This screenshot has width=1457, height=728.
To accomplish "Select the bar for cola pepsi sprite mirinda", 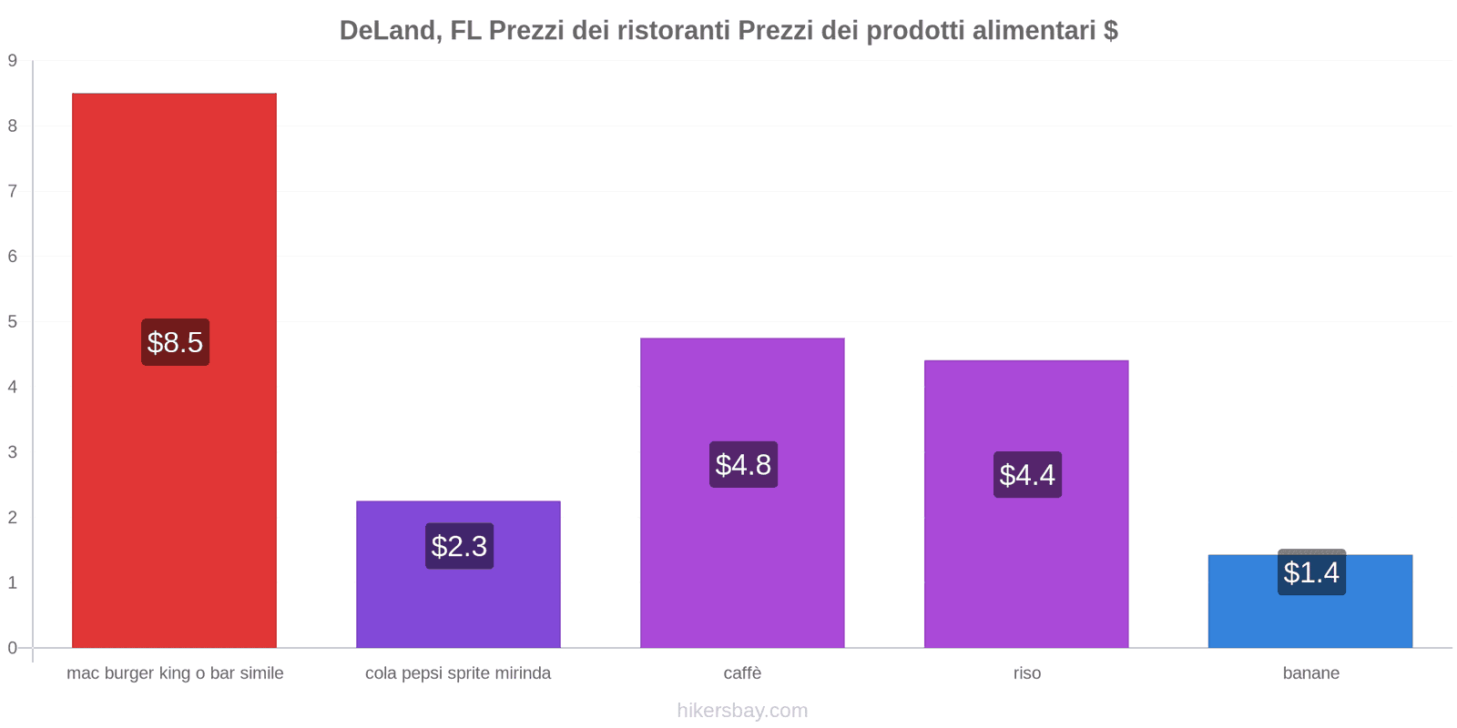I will coord(458,601).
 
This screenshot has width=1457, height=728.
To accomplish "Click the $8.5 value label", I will coord(175,342).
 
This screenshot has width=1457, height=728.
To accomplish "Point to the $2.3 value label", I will coord(459,546).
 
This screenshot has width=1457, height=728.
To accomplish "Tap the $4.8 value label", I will coord(743,464).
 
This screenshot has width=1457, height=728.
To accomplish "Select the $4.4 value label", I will coord(1027,474).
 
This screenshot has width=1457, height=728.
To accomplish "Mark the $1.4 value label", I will coord(1311,572).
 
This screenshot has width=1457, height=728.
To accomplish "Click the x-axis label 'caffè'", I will coord(742,673).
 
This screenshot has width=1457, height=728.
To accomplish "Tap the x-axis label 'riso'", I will coord(1026,673).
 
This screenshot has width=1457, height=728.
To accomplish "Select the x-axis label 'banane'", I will coord(1310,673).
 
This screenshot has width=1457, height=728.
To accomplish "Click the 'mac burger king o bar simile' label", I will coord(175,673).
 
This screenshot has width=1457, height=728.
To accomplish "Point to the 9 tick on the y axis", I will coord(13,61).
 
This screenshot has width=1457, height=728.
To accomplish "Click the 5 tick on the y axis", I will coord(13,321).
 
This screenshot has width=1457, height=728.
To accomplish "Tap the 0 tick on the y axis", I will coord(13,648).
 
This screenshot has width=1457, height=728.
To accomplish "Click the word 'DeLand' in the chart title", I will coord(391,31).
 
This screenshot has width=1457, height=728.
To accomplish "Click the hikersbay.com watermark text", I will coord(742,711).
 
